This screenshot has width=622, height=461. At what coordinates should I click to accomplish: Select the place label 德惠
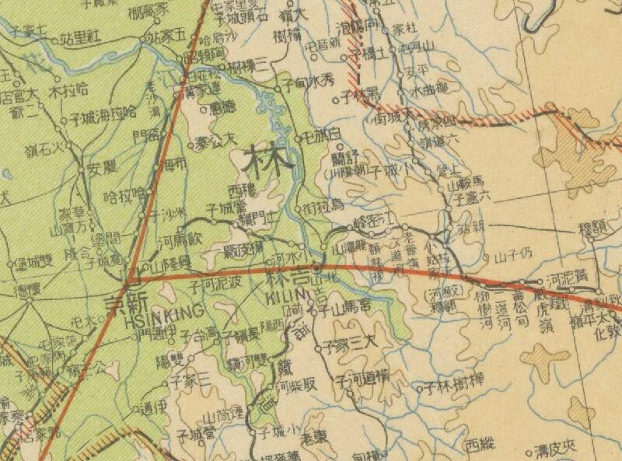222,107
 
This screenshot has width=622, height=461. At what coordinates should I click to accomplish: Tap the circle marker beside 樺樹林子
420,387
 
